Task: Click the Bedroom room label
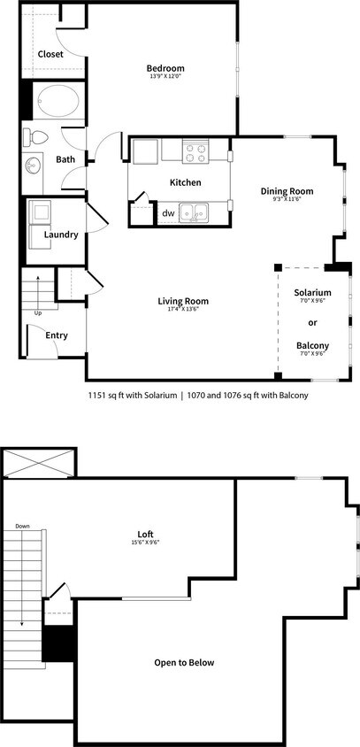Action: point(165,69)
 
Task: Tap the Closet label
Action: point(50,54)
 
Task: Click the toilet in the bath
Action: point(38,137)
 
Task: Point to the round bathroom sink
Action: point(34,165)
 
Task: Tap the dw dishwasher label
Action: point(167,212)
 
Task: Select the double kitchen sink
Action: point(194,212)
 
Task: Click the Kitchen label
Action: point(186,183)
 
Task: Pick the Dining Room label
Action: point(287,190)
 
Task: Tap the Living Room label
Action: point(182,301)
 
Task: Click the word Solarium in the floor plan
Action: point(313,292)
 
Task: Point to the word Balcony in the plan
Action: point(313,345)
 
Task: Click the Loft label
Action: point(146,534)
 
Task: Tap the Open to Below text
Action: point(184,662)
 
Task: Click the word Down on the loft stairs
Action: point(22,527)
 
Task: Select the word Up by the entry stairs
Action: point(37,313)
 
